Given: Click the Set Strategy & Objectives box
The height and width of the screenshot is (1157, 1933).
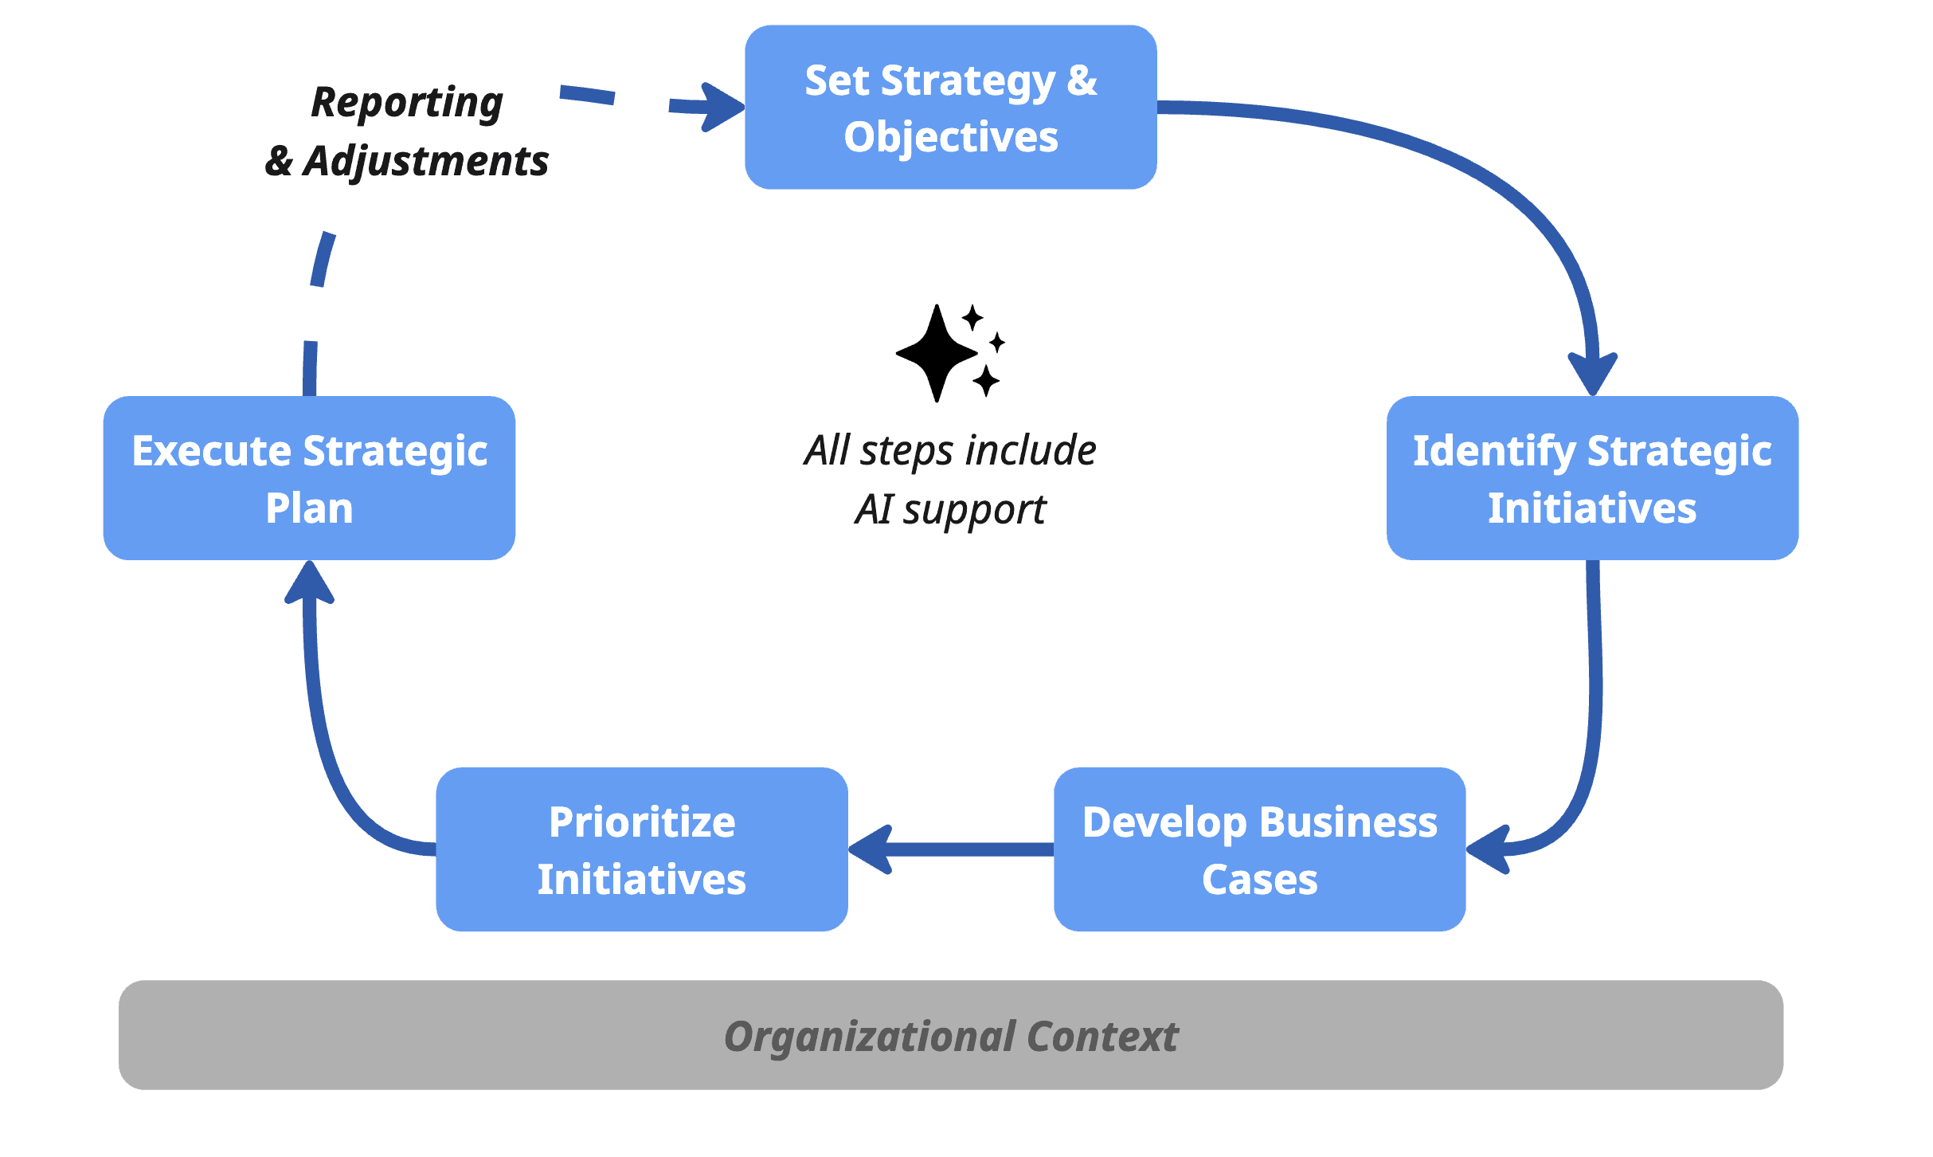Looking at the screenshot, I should pos(950,107).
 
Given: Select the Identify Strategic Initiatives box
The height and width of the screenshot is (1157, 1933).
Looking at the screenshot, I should pos(1591,478).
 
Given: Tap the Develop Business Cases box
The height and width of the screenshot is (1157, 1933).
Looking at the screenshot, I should pos(1259,849).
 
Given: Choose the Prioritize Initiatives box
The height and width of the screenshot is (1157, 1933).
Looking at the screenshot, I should pos(641,849).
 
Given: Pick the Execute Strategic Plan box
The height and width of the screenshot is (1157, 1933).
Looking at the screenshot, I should pos(309,478).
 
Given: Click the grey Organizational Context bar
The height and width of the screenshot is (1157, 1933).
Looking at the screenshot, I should pos(950,1035).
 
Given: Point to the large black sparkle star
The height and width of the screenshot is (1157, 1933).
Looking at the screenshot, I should pos(937,353).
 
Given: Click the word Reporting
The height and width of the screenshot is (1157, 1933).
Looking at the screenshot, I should pos(407,103).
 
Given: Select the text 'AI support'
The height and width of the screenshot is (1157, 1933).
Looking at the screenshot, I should pos(950,509).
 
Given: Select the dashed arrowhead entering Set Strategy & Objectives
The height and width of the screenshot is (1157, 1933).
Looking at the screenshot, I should pos(721,107).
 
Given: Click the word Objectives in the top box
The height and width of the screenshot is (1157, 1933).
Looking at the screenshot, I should pos(950,137).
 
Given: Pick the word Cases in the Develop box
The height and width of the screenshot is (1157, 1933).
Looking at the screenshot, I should pos(1259,880).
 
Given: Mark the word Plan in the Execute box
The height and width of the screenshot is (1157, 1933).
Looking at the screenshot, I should pos(309,508).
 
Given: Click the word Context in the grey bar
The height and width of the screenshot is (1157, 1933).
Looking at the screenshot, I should pos(1101,1036).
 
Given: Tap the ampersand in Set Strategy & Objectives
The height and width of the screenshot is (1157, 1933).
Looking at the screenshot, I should pos(1082,80).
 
